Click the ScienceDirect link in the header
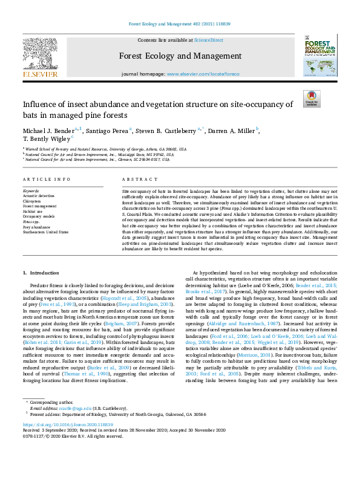pyautogui.click(x=208, y=39)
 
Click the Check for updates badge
pyautogui.click(x=311, y=99)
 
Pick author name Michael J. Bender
pyautogui.click(x=50, y=131)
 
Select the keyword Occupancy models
pyautogui.click(x=39, y=215)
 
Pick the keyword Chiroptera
pyautogui.click(x=33, y=201)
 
